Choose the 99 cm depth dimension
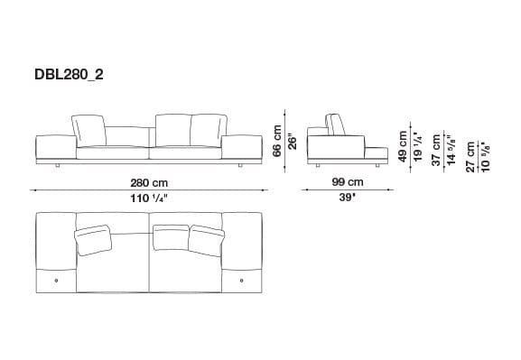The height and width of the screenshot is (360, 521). (340, 183)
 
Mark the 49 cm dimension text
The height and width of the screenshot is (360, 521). (402, 144)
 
